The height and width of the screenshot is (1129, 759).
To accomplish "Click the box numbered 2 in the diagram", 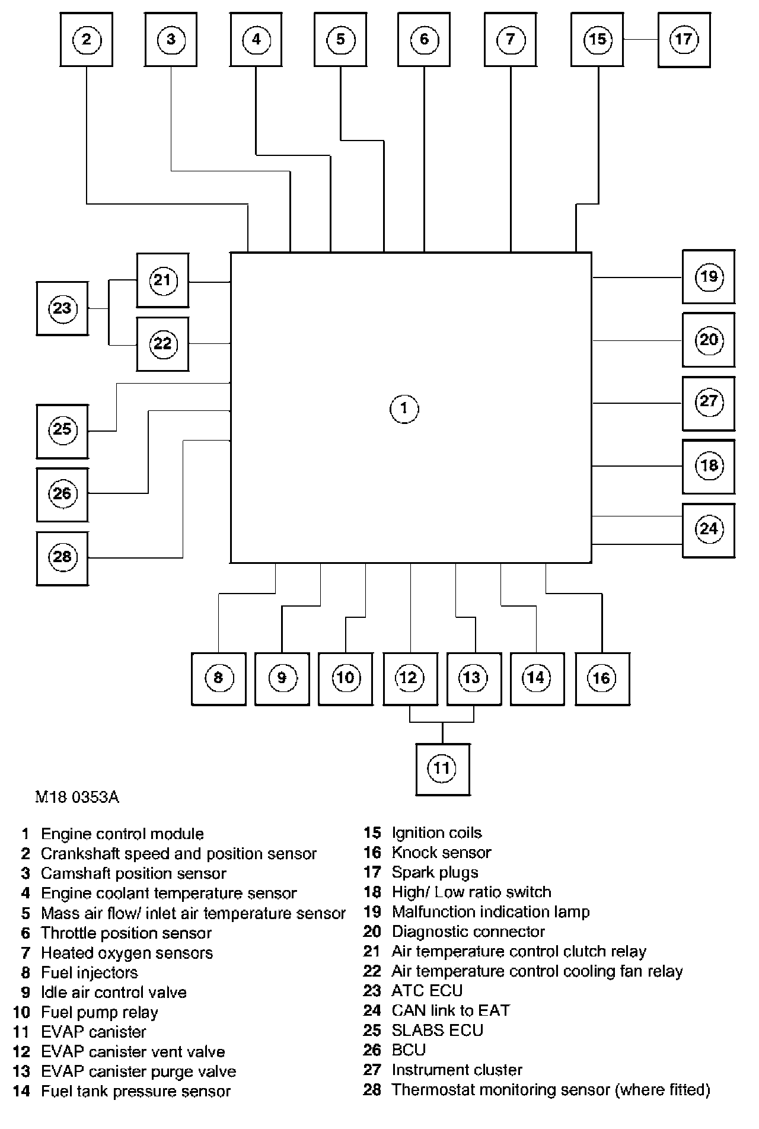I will coord(87,40).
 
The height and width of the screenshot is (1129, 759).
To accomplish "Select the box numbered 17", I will coord(684,40).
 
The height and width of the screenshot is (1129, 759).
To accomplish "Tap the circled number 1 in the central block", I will coord(404,409).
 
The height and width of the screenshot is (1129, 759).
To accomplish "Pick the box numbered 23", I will coord(62,308).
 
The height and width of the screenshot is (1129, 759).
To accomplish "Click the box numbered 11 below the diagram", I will coord(442,769).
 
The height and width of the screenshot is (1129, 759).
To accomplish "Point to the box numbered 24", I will coord(709,530).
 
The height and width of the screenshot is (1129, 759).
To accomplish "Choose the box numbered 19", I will coord(709,277).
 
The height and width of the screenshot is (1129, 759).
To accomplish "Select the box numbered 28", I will coord(62,557).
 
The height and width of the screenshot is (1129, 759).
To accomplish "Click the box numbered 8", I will coord(218,678).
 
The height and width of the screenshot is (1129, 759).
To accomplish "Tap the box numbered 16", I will coord(602,678).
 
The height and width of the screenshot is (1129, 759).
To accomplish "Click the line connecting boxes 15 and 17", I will coord(640,40).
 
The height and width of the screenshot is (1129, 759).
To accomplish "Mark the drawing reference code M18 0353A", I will coord(77,797).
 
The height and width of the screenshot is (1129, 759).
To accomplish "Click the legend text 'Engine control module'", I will coord(122,834).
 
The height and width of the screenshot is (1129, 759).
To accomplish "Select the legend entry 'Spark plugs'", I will coord(435,872).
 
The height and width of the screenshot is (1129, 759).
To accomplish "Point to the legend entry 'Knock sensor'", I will coord(441,853).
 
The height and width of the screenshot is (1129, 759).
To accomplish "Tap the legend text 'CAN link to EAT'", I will coord(451,1010).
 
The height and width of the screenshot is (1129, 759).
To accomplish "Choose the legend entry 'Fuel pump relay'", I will coord(100,1012).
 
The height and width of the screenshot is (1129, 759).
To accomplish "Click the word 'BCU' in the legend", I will coord(409,1050).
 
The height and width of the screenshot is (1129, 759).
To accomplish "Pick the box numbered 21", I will coord(162,280).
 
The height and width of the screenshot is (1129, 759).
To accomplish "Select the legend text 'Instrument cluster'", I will coord(457,1070).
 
